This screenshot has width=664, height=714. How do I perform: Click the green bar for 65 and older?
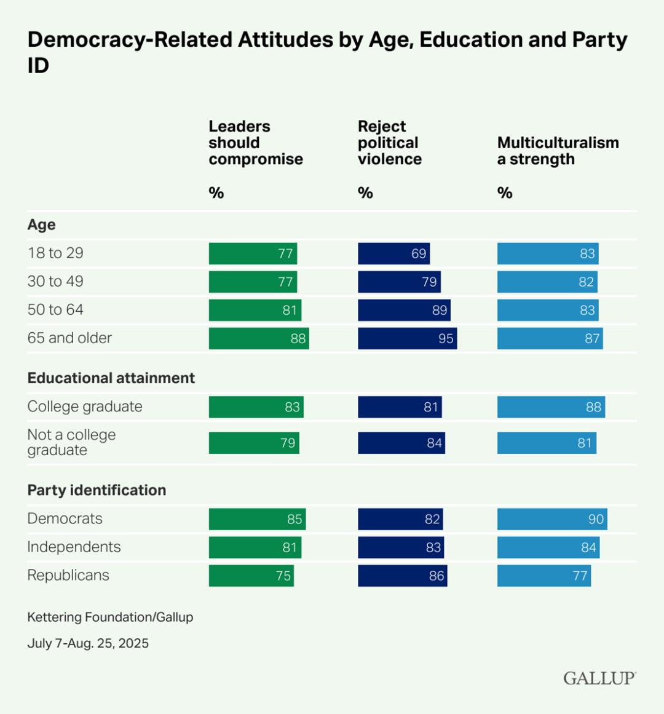tap(258, 338)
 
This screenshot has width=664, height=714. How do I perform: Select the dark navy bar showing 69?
tap(393, 253)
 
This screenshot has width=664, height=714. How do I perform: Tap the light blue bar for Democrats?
tap(551, 519)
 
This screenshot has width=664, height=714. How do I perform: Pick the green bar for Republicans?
tap(251, 576)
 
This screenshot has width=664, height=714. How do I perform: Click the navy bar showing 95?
tap(407, 338)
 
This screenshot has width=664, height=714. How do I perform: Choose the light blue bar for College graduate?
tap(551, 407)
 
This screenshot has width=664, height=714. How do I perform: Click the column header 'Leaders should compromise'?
tap(255, 143)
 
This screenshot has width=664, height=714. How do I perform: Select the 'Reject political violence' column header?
tap(389, 143)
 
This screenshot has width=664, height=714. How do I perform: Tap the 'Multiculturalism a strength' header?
tap(558, 151)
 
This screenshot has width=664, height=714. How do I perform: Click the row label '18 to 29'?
tap(55, 253)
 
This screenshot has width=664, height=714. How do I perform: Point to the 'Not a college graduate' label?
tap(71, 442)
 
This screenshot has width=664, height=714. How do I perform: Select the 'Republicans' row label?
tap(68, 575)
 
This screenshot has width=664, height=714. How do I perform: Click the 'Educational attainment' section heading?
tap(111, 378)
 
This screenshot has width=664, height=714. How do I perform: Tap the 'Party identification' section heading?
tap(97, 490)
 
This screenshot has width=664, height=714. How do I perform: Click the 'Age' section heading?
tap(41, 224)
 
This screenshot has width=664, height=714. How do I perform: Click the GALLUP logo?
tap(599, 678)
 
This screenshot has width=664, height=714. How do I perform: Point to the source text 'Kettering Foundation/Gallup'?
tap(110, 617)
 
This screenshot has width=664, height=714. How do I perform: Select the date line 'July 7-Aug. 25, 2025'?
tap(88, 643)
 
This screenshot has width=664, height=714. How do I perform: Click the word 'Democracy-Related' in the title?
tap(130, 39)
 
